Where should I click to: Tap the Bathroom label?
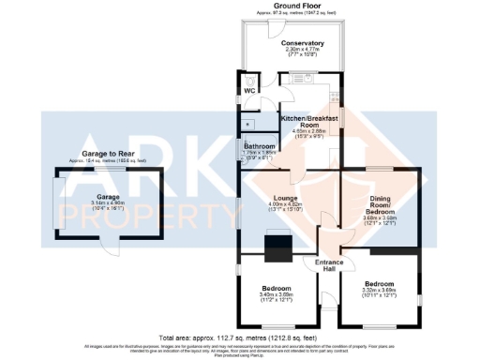point(259,147)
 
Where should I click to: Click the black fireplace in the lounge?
point(279,247)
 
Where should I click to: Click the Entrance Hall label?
point(328,265)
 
